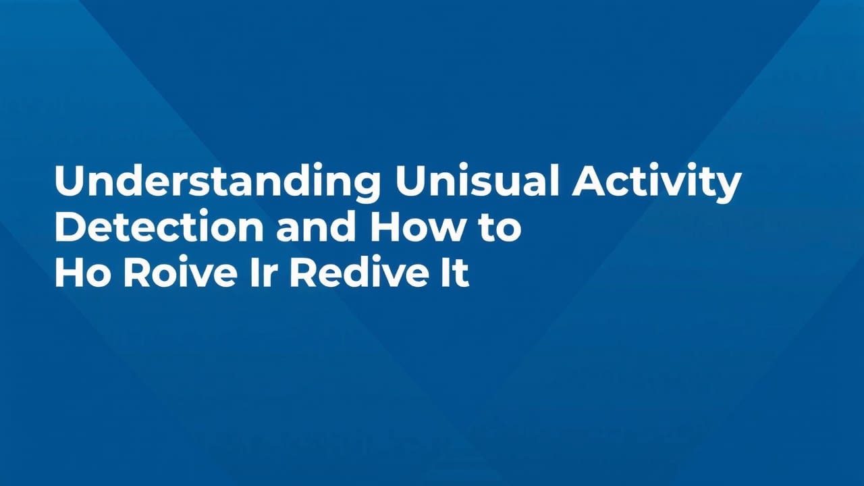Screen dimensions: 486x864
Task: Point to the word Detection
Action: (159, 228)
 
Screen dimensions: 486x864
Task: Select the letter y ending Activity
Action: (728, 188)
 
